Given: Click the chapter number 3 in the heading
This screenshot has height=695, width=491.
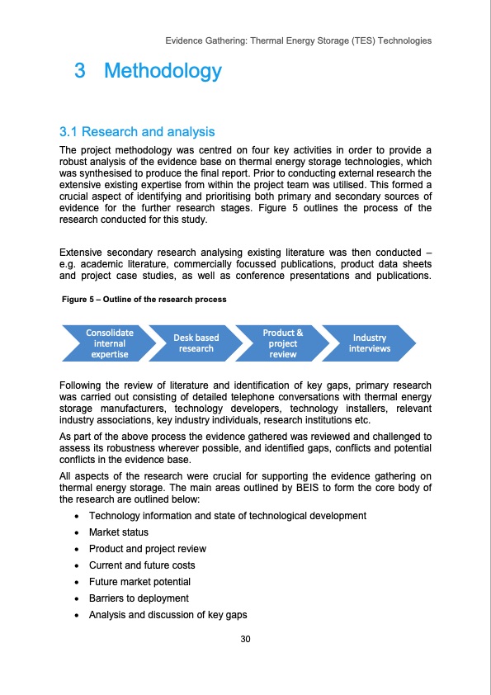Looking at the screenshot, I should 79,72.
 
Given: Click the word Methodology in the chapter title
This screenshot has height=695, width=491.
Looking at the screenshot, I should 163,72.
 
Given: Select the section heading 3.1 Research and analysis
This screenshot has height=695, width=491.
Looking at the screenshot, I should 137,132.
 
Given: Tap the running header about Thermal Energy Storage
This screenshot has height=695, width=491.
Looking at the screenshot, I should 298,40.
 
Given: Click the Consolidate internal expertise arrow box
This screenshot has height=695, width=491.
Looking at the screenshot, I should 110,343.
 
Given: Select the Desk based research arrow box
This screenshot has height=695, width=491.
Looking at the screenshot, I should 196,343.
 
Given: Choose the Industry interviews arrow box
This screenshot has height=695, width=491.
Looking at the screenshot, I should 369,343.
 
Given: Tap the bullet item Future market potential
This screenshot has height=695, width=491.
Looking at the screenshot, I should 139,582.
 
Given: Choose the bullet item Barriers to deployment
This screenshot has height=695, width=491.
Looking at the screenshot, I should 139,598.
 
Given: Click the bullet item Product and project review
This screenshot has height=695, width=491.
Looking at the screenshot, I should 147,549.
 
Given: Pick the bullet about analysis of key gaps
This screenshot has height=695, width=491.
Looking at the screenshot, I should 168,615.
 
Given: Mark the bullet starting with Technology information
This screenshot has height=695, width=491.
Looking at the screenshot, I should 227,516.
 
